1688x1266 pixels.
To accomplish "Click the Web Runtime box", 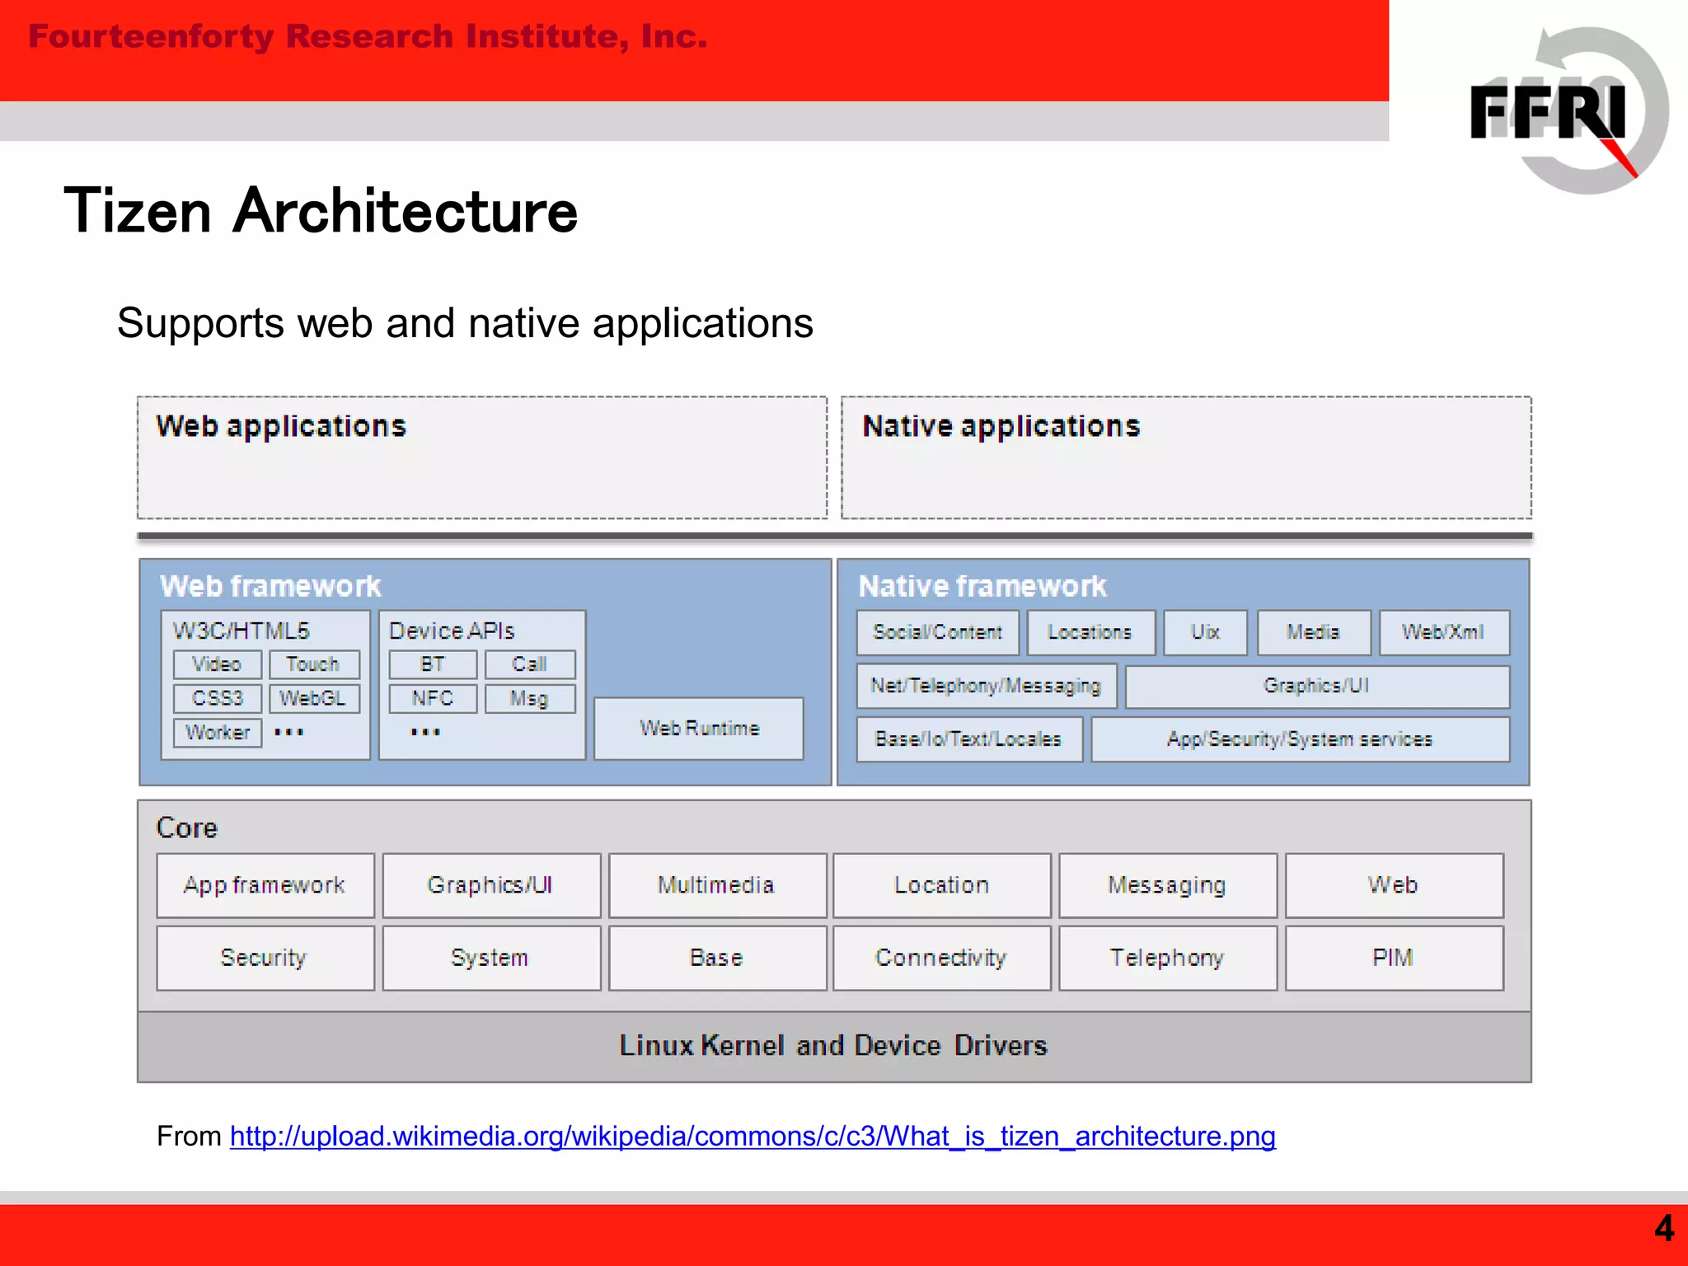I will (699, 729).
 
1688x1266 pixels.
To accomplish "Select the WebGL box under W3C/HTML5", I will (313, 699).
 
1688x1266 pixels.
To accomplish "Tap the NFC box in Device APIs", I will (433, 699).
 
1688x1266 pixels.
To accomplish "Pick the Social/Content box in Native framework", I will (937, 632).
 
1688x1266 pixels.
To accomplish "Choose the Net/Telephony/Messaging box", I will (986, 686).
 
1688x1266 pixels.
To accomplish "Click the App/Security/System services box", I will (1300, 739).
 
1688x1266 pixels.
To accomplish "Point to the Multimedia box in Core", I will (716, 885).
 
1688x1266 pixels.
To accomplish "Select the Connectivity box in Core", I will (941, 958).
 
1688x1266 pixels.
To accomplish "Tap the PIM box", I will (1393, 958).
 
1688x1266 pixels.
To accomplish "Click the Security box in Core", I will (264, 958).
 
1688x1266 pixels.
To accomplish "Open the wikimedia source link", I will (752, 1137).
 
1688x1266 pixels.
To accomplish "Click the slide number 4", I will (1664, 1229).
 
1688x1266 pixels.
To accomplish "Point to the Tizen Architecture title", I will (321, 211).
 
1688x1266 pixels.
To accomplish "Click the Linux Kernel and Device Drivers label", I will (833, 1046).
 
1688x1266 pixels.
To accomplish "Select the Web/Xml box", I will (1443, 632).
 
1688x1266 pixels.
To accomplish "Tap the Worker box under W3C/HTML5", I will (218, 733).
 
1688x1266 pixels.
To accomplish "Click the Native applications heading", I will (1001, 426).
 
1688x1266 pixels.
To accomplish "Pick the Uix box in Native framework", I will (1205, 632).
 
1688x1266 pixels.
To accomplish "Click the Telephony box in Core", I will (1167, 958).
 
